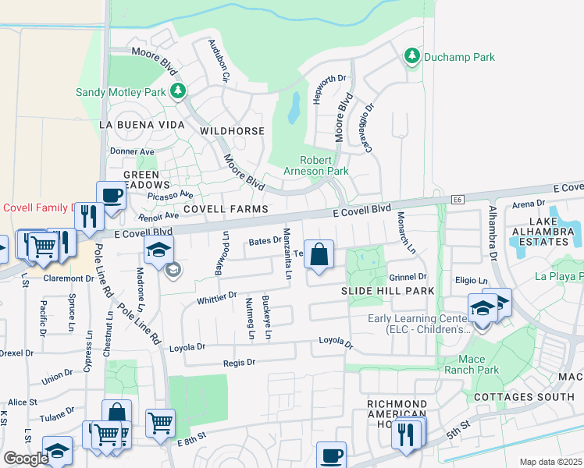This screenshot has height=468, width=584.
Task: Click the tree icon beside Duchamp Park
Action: tap(411, 56)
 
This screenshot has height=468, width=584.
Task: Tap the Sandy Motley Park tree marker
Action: tap(179, 92)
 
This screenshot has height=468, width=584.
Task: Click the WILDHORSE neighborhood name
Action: tap(233, 131)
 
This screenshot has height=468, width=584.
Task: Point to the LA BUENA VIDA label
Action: tap(142, 125)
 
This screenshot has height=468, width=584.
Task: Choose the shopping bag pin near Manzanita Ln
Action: tap(319, 255)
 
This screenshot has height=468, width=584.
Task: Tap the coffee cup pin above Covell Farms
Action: tap(111, 196)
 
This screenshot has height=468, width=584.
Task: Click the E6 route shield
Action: tap(458, 200)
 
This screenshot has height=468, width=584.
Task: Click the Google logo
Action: tap(26, 459)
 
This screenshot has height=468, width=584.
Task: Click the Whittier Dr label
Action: tap(217, 296)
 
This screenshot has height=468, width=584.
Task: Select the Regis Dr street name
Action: tap(240, 362)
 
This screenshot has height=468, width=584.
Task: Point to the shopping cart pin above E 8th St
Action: tap(159, 423)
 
